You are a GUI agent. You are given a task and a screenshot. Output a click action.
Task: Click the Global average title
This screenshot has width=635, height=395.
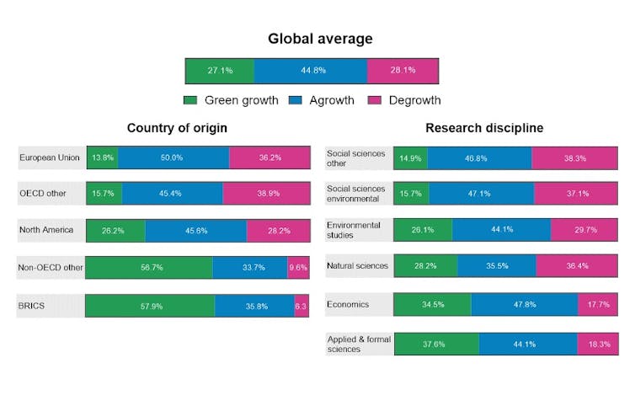point(319,39)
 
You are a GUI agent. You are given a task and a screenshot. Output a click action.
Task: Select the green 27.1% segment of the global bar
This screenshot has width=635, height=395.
point(220,71)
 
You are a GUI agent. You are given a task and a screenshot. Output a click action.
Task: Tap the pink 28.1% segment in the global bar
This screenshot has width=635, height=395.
point(403,71)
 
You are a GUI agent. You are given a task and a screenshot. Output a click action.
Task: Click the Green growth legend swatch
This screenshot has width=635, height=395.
point(191,100)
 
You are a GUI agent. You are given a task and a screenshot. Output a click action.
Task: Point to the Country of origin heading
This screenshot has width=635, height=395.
point(177,128)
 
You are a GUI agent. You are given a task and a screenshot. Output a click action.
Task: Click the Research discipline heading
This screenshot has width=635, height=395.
point(483,128)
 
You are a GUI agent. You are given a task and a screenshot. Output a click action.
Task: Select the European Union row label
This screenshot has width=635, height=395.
point(48,157)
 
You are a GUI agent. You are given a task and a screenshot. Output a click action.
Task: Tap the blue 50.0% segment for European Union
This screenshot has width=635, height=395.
point(173,157)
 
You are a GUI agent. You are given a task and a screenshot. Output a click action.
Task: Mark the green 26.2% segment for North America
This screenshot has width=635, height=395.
point(115,230)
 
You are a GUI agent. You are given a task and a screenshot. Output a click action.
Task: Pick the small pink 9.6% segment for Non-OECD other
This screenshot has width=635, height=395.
point(298,268)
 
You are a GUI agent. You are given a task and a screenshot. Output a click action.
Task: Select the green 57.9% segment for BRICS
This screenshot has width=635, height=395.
point(150,306)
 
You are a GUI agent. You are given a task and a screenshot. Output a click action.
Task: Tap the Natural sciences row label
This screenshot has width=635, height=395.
point(358,266)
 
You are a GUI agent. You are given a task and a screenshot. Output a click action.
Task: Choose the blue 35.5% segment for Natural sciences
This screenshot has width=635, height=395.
point(497,266)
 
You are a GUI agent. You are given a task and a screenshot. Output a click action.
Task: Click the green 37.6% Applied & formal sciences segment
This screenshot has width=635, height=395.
point(436,344)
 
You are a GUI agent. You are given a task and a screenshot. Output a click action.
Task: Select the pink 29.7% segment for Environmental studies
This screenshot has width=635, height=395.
point(585,230)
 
